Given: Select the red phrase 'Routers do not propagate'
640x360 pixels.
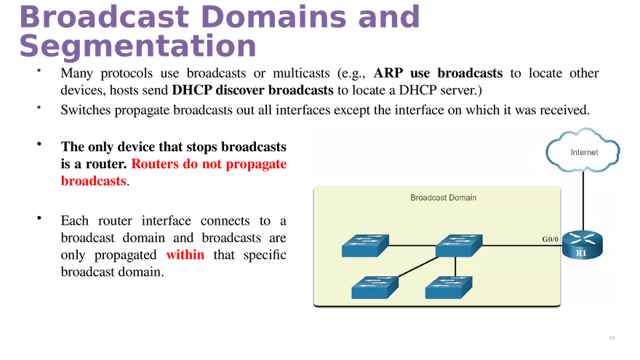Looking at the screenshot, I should coord(209,164).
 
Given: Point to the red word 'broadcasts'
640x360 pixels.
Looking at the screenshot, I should coord(93,181).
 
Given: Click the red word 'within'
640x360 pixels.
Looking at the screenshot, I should coord(186,255).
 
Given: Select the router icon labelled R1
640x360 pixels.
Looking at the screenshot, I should coord(583,246).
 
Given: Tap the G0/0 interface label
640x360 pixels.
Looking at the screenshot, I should coord(550,238).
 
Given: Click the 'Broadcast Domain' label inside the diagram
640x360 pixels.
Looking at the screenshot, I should coord(443,198).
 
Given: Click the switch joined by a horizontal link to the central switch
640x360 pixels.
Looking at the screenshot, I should coord(365,246).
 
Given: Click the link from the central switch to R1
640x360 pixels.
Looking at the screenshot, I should coord(522,246).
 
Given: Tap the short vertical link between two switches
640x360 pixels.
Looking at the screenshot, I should coord(455,268).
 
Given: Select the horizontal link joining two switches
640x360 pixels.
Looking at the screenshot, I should coord(412,246).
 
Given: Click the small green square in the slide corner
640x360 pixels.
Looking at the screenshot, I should coord(612,337).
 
